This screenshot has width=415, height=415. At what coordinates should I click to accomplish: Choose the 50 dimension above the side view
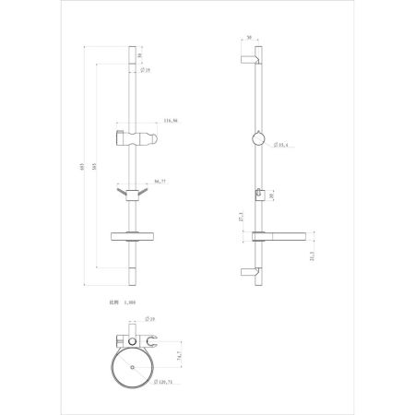[x=250, y=38]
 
